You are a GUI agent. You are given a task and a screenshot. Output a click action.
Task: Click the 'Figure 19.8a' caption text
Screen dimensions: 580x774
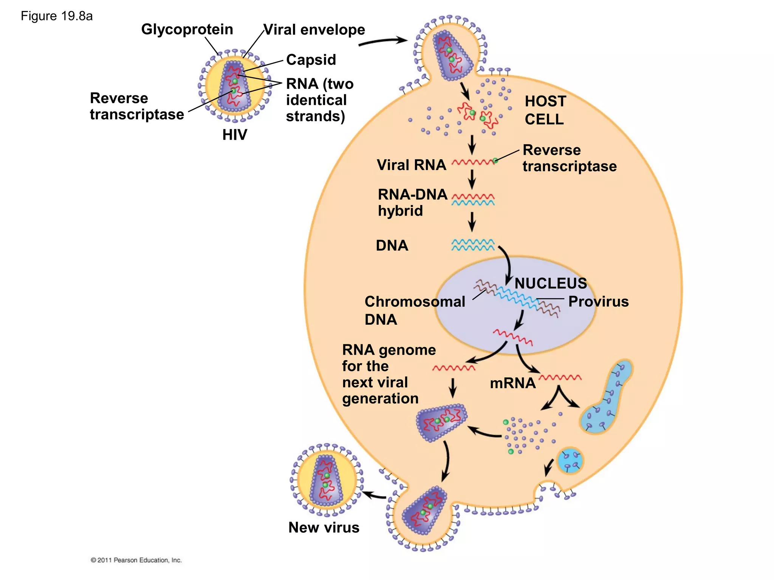click(x=57, y=16)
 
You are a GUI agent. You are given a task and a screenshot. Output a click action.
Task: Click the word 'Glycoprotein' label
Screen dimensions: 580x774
click(x=187, y=29)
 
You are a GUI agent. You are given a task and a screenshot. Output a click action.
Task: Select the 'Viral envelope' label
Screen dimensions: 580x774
click(x=314, y=29)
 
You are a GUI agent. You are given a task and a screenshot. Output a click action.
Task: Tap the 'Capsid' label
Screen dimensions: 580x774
click(x=311, y=60)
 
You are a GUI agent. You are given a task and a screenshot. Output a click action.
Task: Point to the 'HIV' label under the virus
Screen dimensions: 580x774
click(x=234, y=135)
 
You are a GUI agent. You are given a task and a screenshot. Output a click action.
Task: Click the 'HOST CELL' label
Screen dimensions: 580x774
click(x=545, y=110)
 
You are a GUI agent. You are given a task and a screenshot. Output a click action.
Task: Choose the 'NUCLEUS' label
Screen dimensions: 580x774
click(x=551, y=283)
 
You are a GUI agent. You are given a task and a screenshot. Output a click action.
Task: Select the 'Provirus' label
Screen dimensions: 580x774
click(x=598, y=301)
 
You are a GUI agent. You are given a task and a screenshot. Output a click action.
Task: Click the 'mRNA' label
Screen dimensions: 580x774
click(x=512, y=383)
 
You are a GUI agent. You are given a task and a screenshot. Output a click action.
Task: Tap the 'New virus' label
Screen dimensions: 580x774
click(x=324, y=528)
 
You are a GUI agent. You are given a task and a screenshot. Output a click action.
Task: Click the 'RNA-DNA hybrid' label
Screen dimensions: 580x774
click(x=412, y=202)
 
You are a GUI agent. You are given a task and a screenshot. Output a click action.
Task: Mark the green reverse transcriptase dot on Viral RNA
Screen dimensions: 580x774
click(x=495, y=161)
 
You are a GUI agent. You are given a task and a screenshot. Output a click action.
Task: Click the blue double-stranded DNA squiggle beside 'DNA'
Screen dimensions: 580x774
click(x=473, y=245)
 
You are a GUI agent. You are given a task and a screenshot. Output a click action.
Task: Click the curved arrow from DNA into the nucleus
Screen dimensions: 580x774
click(x=508, y=264)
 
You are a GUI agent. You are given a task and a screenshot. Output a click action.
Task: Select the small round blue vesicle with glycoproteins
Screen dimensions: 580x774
click(x=570, y=461)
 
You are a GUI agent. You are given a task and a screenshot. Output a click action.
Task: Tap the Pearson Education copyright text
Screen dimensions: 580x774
click(x=136, y=560)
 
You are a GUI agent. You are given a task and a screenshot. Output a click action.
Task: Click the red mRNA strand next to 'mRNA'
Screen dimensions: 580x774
click(x=560, y=377)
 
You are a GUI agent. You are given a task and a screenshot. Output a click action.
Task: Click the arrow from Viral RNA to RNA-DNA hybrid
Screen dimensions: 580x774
click(x=472, y=179)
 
